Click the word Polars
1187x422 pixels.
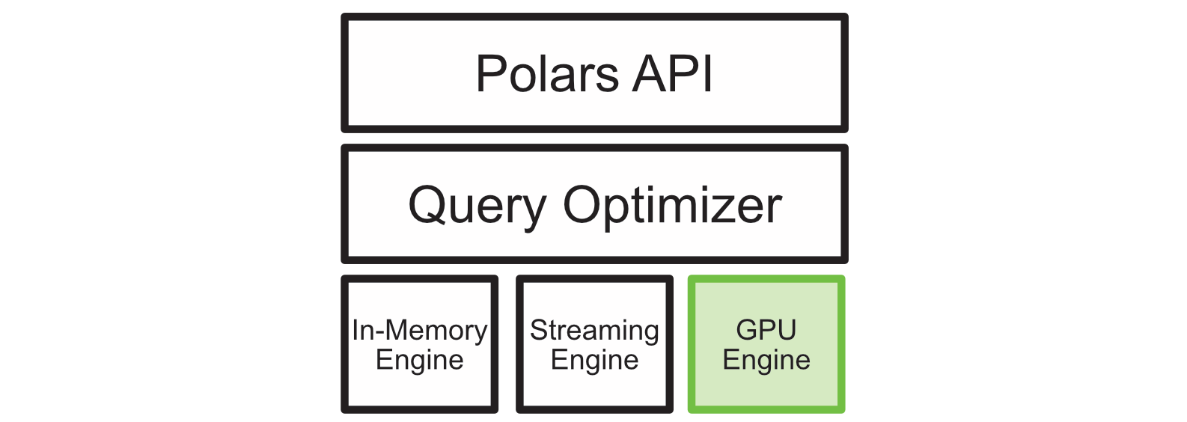tap(547, 74)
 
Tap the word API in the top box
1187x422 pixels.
tap(672, 74)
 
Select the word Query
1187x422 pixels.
tap(477, 207)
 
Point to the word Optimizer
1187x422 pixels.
tap(672, 207)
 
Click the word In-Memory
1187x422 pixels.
tap(419, 330)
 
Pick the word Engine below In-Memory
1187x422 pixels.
tap(419, 361)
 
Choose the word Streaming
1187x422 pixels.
tap(594, 330)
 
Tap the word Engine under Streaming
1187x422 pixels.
tap(594, 361)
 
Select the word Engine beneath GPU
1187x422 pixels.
tap(766, 361)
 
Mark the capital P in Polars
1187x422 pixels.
tap(490, 74)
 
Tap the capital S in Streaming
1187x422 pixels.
tap(537, 330)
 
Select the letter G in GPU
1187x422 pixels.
tap(746, 329)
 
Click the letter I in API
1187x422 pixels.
tap(707, 74)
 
